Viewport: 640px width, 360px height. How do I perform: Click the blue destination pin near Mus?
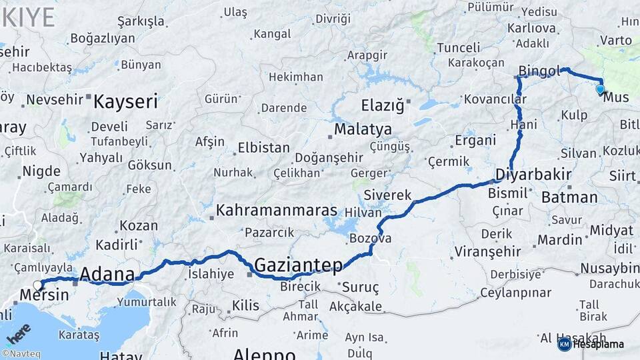tap(600, 89)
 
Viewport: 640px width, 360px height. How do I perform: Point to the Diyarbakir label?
tap(533, 175)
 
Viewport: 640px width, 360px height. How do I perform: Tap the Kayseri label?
tap(125, 102)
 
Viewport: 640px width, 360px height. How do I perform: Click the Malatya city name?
tap(363, 129)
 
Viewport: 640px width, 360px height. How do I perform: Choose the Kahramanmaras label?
tap(277, 211)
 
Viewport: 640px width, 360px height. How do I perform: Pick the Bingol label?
tap(540, 71)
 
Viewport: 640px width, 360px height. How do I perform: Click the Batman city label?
tap(569, 197)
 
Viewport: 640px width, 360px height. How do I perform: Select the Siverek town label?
tap(389, 195)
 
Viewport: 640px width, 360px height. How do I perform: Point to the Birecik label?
tap(301, 287)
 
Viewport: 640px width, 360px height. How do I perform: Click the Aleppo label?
tap(265, 353)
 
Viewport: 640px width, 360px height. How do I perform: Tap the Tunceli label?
tap(458, 47)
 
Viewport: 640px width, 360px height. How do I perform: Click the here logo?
tap(19, 333)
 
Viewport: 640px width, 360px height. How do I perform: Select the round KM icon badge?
tap(565, 344)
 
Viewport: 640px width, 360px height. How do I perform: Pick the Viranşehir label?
tap(487, 252)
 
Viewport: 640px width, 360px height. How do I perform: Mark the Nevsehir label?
tap(55, 100)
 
